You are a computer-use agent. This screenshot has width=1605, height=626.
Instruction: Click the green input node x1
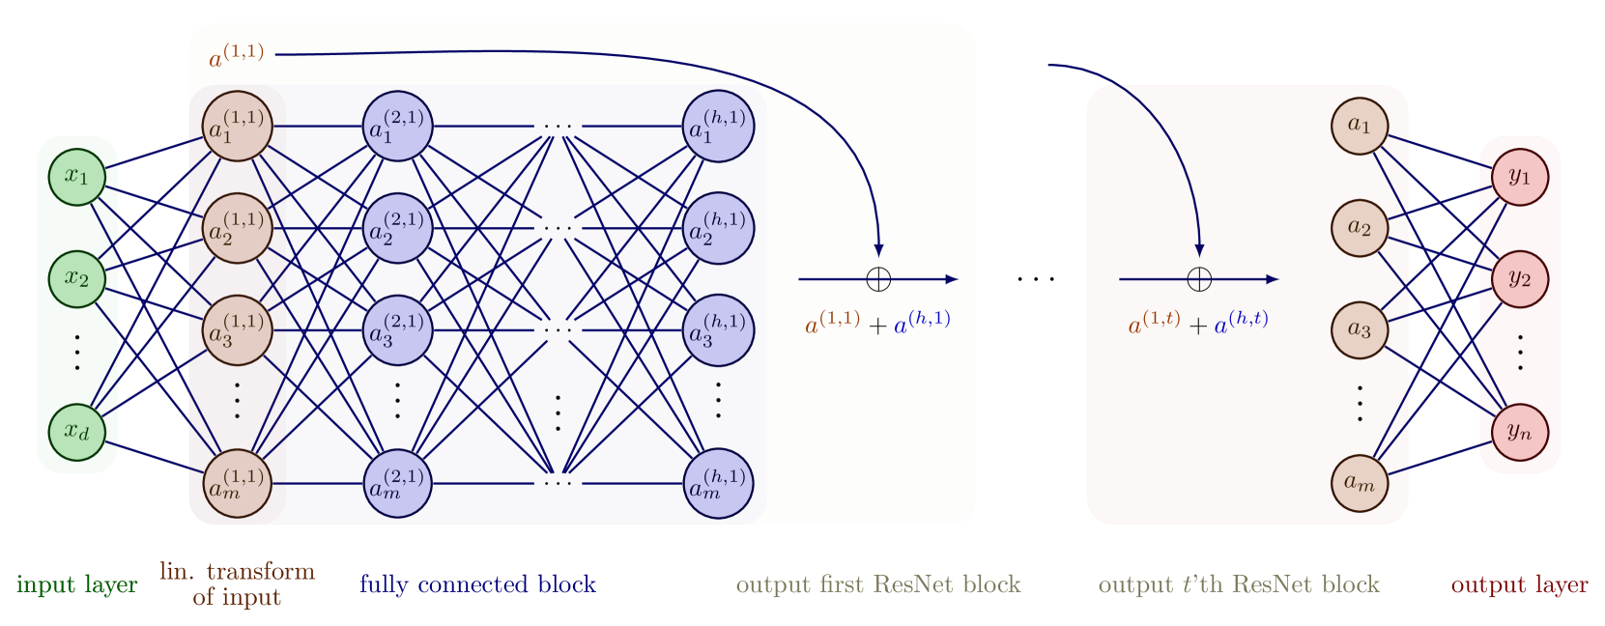76,177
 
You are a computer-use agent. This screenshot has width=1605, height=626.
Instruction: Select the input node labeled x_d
76,432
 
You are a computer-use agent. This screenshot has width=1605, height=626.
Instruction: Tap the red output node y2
1520,279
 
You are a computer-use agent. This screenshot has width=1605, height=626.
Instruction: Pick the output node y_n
1520,432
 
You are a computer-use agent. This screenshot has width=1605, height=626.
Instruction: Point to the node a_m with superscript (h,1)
718,483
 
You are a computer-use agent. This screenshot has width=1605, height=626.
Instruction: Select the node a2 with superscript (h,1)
718,229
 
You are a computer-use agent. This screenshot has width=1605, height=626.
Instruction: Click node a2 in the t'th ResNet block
1360,228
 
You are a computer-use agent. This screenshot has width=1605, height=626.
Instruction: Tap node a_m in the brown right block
1360,483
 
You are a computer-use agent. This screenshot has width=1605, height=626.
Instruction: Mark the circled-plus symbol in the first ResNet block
878,279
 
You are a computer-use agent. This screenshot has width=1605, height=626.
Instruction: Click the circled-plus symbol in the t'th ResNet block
1199,279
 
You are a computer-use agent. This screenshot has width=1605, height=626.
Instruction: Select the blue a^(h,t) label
1241,323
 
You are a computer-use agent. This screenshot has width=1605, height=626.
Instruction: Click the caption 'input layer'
77,584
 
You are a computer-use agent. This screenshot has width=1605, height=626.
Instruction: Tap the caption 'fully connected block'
477,584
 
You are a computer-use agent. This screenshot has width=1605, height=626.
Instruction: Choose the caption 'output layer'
1519,584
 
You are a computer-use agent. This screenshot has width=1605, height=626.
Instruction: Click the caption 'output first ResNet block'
877,584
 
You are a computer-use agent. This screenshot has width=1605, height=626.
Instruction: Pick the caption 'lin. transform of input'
237,583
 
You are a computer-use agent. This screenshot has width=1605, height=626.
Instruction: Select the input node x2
76,279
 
